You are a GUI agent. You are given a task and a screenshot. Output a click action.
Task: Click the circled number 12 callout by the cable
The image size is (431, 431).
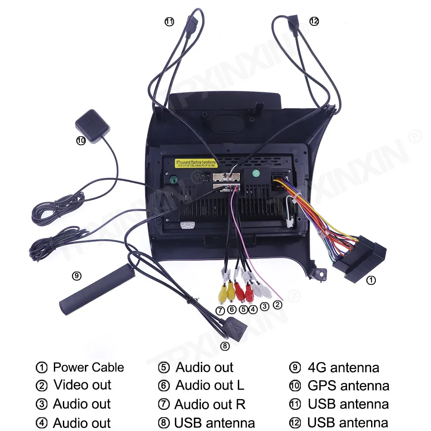314,21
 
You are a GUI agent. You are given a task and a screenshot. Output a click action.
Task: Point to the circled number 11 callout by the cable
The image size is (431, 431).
169,22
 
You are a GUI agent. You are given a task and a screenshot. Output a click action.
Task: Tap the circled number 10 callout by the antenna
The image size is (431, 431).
81,140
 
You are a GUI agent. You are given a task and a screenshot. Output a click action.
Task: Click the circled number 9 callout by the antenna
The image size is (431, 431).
77,276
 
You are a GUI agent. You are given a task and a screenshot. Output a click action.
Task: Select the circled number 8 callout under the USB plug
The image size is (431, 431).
225,346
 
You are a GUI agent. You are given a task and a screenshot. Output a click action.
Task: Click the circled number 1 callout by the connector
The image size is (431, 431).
371,280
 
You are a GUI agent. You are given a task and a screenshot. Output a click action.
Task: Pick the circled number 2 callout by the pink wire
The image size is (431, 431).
278,305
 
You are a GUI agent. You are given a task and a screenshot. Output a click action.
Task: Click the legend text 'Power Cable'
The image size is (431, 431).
88,368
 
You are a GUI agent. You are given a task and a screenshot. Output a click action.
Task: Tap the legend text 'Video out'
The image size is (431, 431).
82,385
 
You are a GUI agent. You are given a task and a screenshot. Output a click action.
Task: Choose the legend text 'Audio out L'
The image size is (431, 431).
210,385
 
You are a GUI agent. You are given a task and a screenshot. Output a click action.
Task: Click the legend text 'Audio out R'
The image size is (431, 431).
210,404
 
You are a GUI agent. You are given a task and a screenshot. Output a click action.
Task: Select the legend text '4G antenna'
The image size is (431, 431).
344,368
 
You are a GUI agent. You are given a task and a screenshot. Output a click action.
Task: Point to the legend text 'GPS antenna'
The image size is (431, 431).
348,385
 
